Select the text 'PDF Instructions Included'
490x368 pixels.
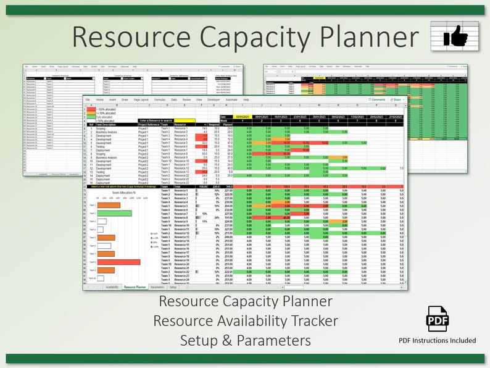[438, 340]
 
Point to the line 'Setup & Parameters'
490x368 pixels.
[245, 340]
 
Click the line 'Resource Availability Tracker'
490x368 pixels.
[245, 321]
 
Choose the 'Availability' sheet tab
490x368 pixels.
[112, 287]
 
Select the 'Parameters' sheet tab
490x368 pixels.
[157, 287]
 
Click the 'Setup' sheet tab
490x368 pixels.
[173, 287]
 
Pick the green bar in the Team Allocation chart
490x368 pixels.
[114, 213]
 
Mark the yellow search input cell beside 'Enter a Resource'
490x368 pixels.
[185, 120]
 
